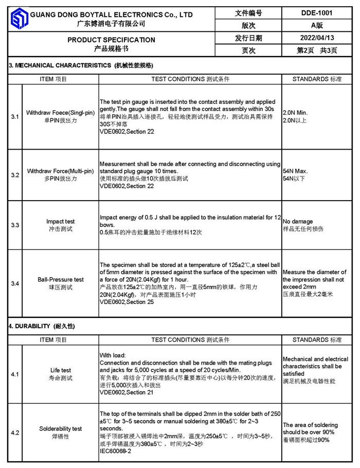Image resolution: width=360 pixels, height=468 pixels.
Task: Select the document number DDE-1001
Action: [316, 13]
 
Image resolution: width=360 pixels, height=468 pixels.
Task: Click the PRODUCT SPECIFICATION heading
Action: [111, 40]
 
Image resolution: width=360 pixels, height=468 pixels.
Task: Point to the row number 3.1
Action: [15, 117]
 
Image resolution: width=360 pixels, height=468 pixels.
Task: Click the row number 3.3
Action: [15, 225]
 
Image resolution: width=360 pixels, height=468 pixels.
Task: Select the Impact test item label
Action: [60, 222]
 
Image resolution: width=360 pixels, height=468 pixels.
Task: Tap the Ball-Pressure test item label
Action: [60, 279]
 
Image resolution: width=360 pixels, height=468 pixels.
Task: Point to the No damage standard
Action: [298, 222]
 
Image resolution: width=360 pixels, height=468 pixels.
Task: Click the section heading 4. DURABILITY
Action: [42, 327]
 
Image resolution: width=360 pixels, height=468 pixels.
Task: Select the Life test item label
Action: [60, 370]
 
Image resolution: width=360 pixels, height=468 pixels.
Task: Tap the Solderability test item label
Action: [60, 428]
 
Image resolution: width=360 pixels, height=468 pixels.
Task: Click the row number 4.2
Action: [15, 433]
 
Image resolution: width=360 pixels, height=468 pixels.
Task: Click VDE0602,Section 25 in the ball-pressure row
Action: [127, 302]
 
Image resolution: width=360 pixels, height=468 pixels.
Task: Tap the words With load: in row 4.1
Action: [112, 355]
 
